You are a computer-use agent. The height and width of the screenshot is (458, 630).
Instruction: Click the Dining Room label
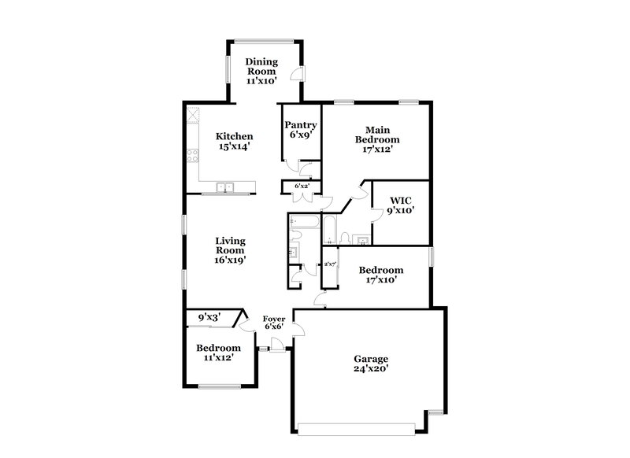click(262, 71)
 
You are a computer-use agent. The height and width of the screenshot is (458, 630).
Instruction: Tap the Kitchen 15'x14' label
click(235, 141)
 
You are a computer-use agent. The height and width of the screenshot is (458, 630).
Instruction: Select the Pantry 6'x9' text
click(301, 129)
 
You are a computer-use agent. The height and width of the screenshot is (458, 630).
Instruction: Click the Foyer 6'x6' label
click(273, 322)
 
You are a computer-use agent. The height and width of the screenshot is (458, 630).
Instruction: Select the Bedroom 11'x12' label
click(218, 353)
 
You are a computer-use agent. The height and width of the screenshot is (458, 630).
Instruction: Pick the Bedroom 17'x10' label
click(381, 275)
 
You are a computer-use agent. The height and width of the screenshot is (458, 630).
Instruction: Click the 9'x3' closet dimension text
click(209, 316)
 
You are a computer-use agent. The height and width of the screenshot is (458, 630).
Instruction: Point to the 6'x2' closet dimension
click(301, 187)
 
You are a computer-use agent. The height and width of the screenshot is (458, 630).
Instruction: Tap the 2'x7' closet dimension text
click(330, 264)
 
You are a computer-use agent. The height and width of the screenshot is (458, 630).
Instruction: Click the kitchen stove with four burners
click(191, 155)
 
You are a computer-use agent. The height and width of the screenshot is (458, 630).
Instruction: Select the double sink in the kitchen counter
click(225, 187)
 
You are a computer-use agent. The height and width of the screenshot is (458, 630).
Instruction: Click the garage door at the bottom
click(358, 428)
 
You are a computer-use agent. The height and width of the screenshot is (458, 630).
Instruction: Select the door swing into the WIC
click(363, 191)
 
